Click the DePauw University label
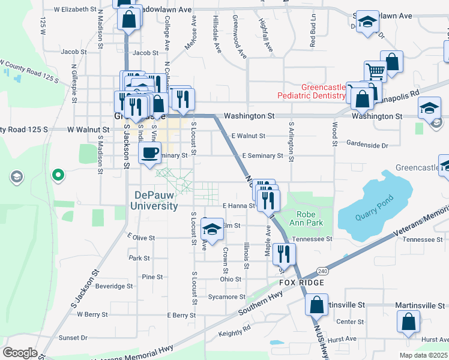click(x=155, y=200)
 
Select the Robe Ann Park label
click(x=310, y=218)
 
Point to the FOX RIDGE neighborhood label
click(x=301, y=283)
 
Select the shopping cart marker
click(x=375, y=71)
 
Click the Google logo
click(x=20, y=353)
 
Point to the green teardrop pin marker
click(x=58, y=175)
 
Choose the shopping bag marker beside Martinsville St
click(x=316, y=304)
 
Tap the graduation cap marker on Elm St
click(x=211, y=229)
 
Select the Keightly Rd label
click(x=234, y=331)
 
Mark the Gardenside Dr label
click(x=367, y=145)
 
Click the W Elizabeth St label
click(x=74, y=10)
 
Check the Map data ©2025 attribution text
click(x=423, y=355)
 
